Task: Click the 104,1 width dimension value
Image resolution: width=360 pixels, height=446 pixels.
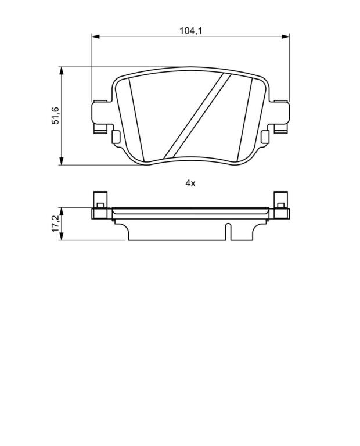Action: click(x=190, y=30)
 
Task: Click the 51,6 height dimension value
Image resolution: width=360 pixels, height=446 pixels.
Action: click(x=55, y=116)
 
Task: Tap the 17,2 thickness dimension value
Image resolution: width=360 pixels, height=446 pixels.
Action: click(x=55, y=224)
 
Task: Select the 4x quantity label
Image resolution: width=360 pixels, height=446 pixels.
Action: click(x=190, y=183)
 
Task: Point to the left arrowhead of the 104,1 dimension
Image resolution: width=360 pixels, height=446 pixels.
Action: click(x=96, y=37)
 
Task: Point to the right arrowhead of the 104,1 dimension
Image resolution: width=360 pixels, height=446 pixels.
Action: click(x=285, y=37)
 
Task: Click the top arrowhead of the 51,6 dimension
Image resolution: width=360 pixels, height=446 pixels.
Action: click(x=61, y=71)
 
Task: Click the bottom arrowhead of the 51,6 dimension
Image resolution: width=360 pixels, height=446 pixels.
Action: click(x=61, y=161)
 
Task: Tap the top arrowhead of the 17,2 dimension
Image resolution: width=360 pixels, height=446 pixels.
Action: click(x=61, y=211)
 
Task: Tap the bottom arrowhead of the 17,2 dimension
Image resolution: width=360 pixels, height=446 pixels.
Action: click(x=61, y=236)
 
